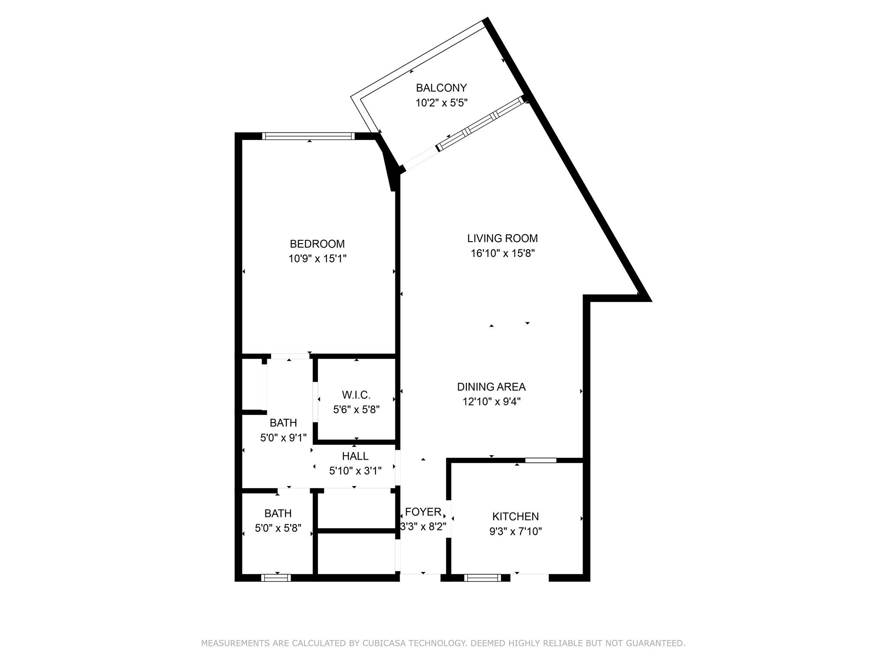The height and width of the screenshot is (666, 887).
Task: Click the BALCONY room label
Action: pyautogui.click(x=441, y=88)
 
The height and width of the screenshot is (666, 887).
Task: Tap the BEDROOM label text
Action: pyautogui.click(x=317, y=244)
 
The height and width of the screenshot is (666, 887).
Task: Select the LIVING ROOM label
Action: pyautogui.click(x=502, y=238)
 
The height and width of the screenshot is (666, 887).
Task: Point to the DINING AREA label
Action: pyautogui.click(x=492, y=387)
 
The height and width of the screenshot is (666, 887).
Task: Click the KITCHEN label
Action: pyautogui.click(x=515, y=517)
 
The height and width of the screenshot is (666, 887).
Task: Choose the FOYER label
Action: pyautogui.click(x=423, y=512)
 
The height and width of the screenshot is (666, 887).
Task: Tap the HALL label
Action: pyautogui.click(x=355, y=456)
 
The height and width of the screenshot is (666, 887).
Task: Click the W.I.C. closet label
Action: pyautogui.click(x=356, y=395)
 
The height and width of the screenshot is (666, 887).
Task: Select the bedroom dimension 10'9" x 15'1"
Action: pyautogui.click(x=317, y=259)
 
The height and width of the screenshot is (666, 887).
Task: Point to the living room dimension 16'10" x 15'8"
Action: pyautogui.click(x=503, y=253)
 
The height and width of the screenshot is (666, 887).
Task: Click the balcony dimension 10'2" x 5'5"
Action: pyautogui.click(x=442, y=103)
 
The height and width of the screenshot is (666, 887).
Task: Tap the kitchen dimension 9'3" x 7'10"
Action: pyautogui.click(x=515, y=532)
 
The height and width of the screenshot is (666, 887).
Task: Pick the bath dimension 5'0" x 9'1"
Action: pyautogui.click(x=283, y=438)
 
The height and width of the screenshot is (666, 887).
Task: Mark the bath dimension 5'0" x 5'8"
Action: pyautogui.click(x=278, y=528)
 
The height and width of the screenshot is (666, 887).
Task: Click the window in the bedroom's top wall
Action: pyautogui.click(x=308, y=136)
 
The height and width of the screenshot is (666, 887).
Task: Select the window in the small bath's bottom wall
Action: pyautogui.click(x=276, y=578)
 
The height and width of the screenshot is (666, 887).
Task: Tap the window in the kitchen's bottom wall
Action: pyautogui.click(x=482, y=578)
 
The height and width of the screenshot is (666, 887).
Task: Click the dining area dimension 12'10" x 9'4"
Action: pyautogui.click(x=492, y=402)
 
